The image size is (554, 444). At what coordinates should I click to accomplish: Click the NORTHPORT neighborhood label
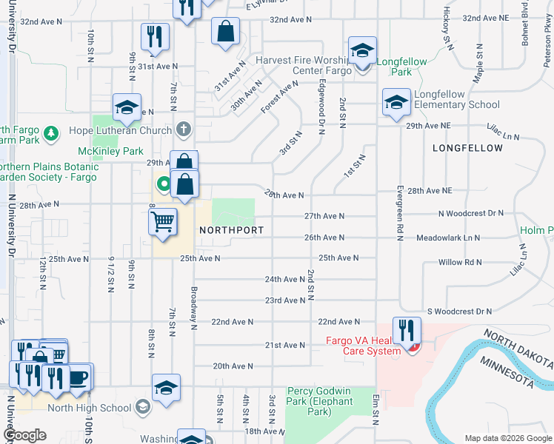pyautogui.click(x=232, y=230)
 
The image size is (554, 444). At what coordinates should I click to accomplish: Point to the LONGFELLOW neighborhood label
pyautogui.click(x=467, y=148)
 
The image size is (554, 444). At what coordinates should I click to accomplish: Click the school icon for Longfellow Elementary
pyautogui.click(x=396, y=102)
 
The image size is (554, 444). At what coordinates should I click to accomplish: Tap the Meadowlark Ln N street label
pyautogui.click(x=447, y=238)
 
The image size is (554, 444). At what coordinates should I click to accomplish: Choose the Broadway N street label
pyautogui.click(x=194, y=308)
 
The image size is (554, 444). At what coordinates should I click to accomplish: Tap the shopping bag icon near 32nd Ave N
pyautogui.click(x=225, y=32)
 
